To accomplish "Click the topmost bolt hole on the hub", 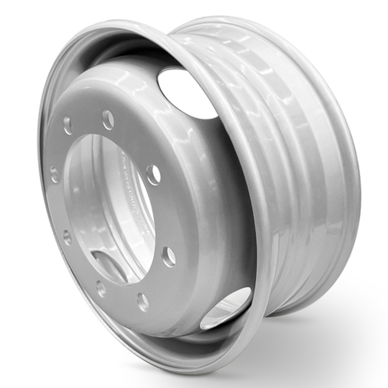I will coord(108,120).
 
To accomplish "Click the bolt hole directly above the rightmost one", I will coord(153,174).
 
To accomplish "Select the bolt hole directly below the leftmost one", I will coord(67,237).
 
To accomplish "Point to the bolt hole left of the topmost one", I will coord(68,125).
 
